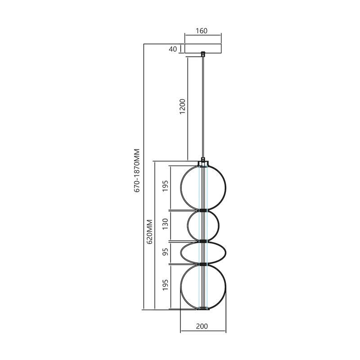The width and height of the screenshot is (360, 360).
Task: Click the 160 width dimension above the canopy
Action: [x=202, y=31]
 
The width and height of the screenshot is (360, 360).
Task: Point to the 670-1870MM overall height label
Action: [x=138, y=171]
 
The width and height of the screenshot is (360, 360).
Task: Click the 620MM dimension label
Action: [x=150, y=231]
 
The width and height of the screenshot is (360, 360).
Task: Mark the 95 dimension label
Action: [x=165, y=252]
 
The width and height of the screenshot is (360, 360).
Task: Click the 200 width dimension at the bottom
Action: [x=202, y=326]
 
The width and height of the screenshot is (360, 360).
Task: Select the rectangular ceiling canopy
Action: [x=203, y=49]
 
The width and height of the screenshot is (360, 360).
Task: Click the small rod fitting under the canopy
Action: [x=203, y=54]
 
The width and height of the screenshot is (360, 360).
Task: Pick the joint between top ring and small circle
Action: [x=203, y=210]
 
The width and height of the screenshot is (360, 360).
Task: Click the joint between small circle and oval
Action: [x=203, y=241]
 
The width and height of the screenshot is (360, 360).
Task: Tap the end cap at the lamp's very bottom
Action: [x=203, y=309]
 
